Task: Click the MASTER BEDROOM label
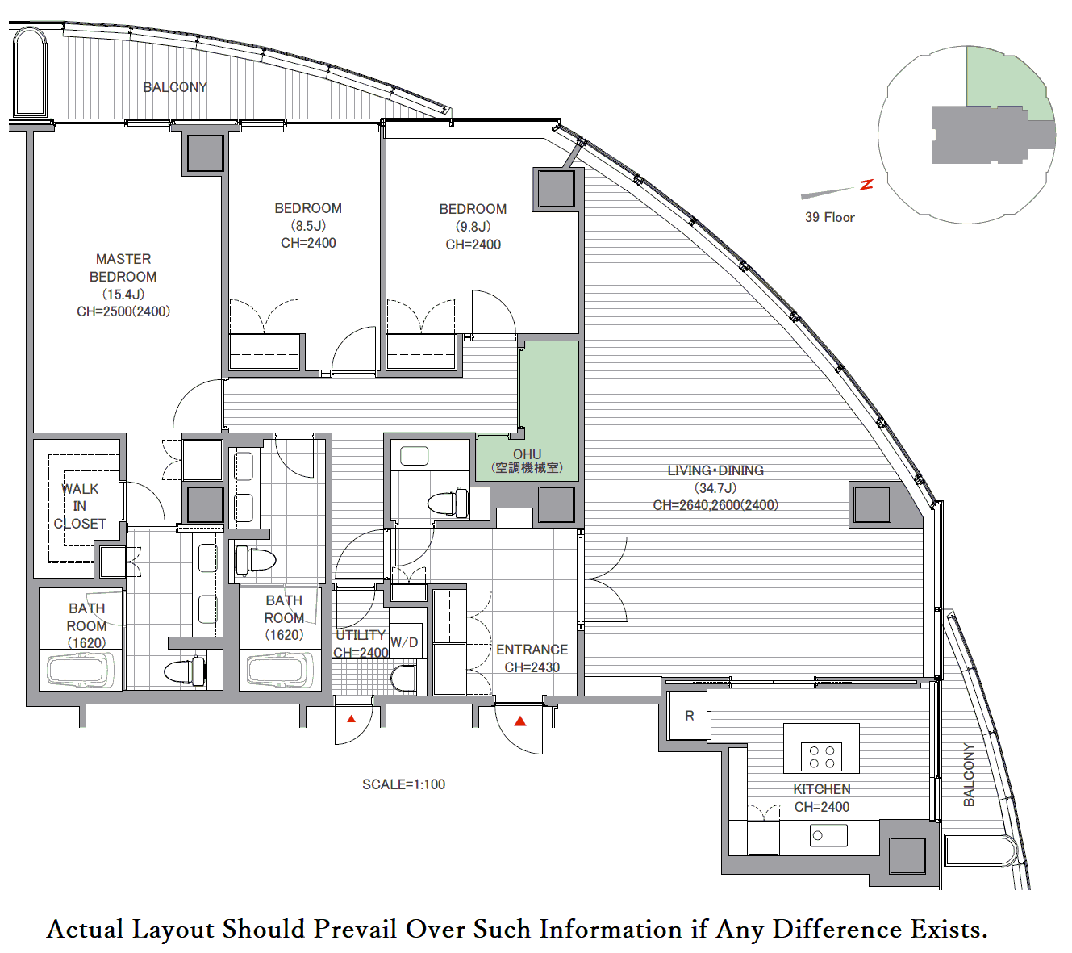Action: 123,285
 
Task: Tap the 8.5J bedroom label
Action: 308,225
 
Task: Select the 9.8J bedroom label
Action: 473,227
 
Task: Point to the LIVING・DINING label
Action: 715,487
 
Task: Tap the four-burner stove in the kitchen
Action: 821,757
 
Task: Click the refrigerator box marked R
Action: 689,716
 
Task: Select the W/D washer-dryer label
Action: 404,642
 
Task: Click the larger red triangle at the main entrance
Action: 520,721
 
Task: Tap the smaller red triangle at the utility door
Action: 352,719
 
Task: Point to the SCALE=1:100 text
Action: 404,784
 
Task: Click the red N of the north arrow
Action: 866,184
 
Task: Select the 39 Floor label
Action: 830,217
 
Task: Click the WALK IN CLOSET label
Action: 80,506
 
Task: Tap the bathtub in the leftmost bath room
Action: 81,671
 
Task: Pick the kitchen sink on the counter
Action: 828,835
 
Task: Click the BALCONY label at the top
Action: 174,87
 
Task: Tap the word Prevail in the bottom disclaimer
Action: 355,929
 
